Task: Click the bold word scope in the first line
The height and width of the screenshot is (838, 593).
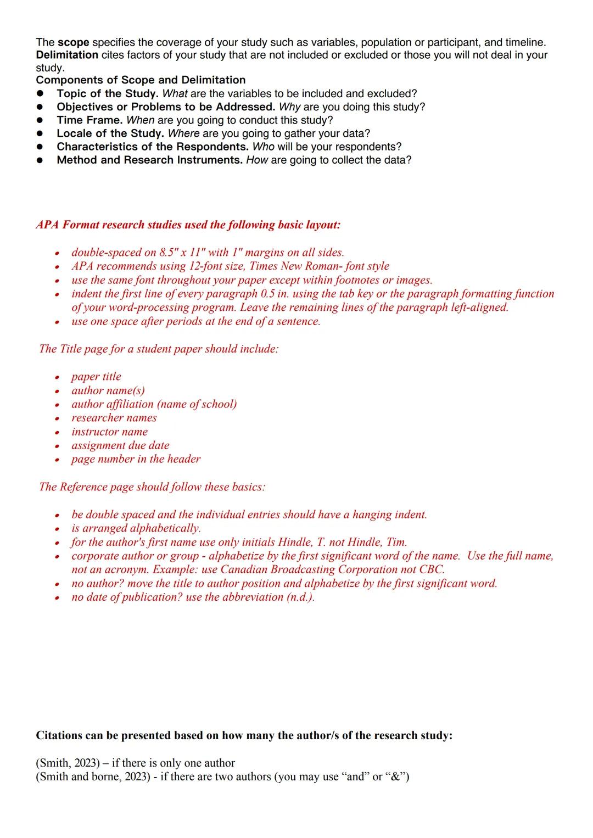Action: click(74, 42)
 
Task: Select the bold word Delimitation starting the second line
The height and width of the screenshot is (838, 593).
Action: click(67, 55)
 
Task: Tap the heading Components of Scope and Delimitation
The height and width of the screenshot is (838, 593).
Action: click(141, 80)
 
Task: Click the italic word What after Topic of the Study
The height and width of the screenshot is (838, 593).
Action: click(175, 94)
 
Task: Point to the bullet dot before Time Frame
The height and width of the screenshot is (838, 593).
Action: click(40, 120)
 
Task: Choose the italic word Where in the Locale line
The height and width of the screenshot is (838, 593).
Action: click(184, 133)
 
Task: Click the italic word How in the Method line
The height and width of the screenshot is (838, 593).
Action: click(257, 160)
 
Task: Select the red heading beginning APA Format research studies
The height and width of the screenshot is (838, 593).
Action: click(188, 225)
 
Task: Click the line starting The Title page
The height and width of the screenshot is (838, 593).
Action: click(159, 349)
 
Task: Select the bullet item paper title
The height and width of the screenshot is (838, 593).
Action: click(96, 377)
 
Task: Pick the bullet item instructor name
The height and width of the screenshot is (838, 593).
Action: click(109, 432)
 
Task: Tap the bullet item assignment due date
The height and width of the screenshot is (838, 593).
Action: click(120, 445)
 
